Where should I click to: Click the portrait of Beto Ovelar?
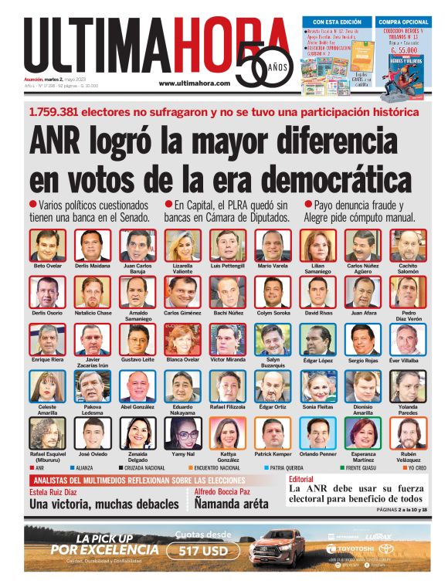pos(48,246)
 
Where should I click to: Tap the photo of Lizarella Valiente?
pos(183,246)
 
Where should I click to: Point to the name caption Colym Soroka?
pos(273,313)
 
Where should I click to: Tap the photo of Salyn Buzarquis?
pos(273,340)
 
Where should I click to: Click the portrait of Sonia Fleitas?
pos(318,386)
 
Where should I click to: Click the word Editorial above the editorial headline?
pos(304,480)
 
